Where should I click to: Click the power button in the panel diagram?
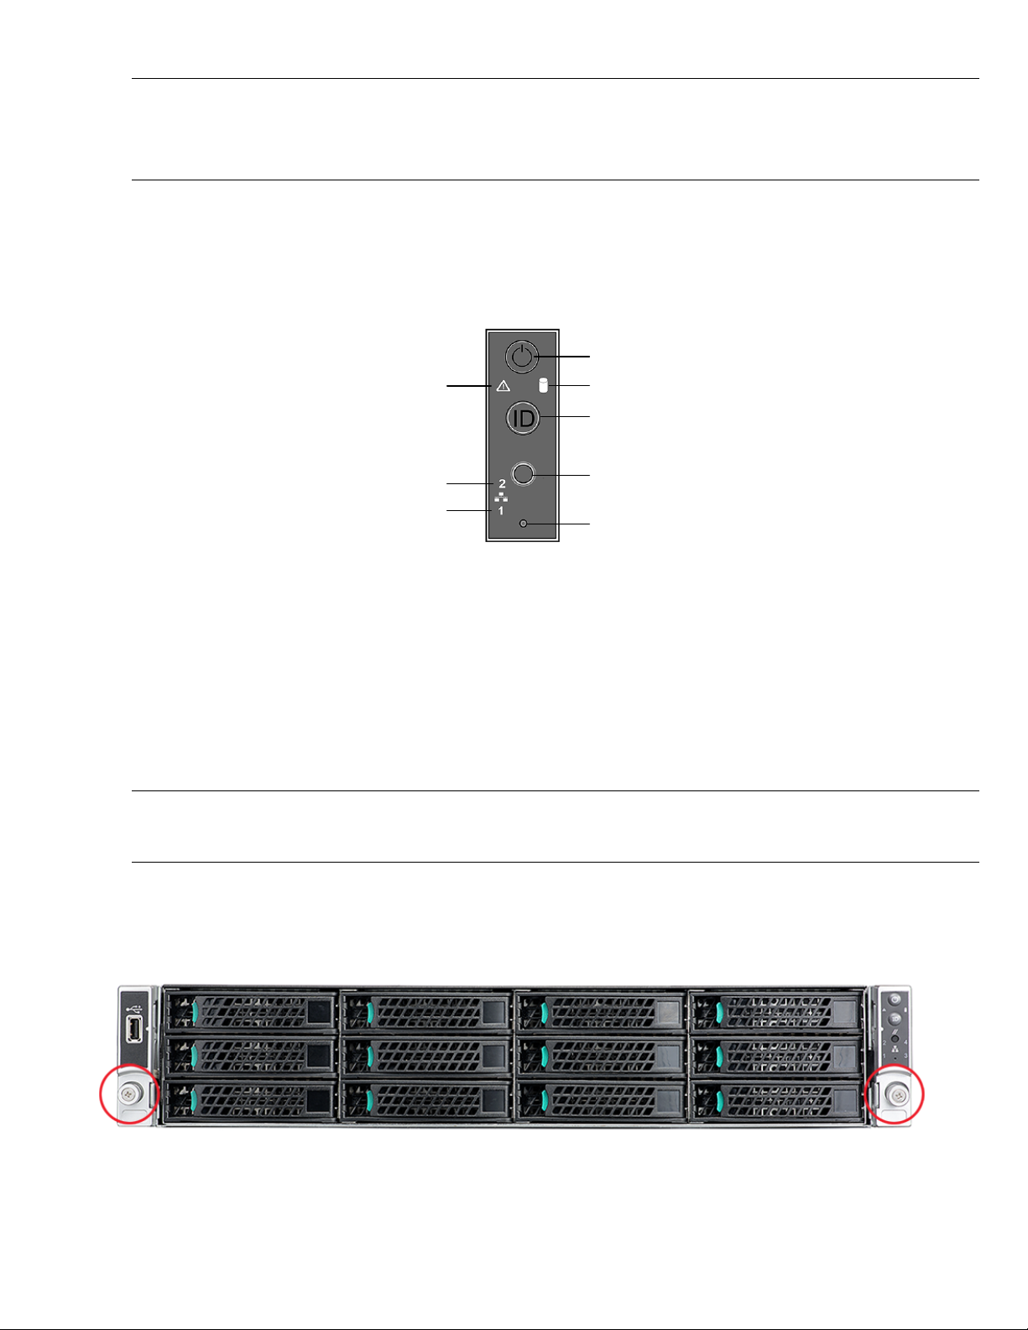tap(522, 357)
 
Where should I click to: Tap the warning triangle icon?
tap(504, 386)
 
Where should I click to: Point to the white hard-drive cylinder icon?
tap(542, 386)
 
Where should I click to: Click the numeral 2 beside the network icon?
tap(502, 484)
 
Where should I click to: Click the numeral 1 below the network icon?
tap(501, 510)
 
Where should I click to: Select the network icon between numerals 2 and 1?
tap(501, 498)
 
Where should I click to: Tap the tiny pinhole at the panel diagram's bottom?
tap(524, 524)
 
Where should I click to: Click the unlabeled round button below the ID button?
tap(524, 474)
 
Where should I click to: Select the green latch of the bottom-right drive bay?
tap(718, 1100)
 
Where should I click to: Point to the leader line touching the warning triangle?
tap(470, 386)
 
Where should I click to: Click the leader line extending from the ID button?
tap(566, 416)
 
